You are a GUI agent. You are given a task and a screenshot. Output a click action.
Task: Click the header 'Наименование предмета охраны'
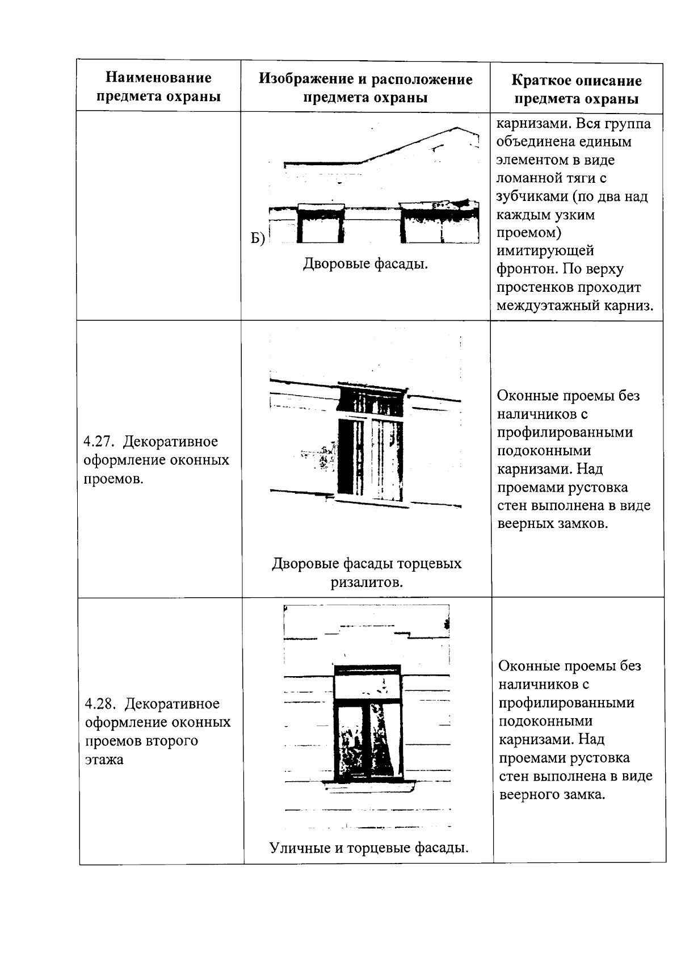pos(159,87)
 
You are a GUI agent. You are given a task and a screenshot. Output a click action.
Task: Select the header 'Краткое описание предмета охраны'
pos(576,90)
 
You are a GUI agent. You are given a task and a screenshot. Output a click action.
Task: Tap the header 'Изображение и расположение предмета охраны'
pos(365,87)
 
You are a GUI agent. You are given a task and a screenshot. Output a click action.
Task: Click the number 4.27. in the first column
pos(99,442)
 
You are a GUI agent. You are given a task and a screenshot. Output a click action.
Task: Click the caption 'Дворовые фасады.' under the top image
pos(365,264)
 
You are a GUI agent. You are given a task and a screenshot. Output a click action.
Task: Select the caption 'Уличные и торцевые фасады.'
pos(369,848)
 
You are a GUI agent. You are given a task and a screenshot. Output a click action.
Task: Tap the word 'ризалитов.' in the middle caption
pos(367,582)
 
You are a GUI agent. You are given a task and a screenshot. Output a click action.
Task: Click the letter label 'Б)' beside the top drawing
pos(258,239)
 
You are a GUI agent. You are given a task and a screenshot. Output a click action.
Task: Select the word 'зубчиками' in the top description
pos(532,196)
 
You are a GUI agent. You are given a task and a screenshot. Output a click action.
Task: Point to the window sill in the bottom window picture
pos(369,787)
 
